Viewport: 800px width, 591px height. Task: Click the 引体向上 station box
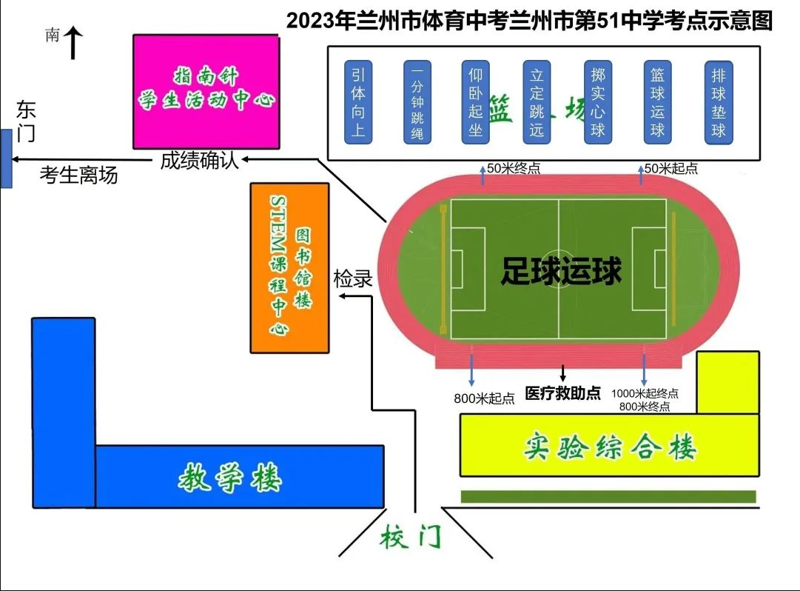(x=359, y=102)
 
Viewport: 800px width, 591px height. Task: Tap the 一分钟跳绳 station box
(x=417, y=102)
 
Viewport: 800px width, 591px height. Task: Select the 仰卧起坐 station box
(x=475, y=102)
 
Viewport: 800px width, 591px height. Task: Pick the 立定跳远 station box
(x=537, y=102)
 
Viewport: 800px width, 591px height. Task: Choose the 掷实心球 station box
(x=598, y=102)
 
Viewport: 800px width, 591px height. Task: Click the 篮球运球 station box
(x=657, y=102)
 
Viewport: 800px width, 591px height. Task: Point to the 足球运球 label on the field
(x=561, y=271)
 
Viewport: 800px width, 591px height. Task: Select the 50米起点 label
(x=670, y=169)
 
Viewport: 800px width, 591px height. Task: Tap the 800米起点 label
(x=484, y=398)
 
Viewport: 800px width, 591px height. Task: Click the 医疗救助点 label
(x=562, y=393)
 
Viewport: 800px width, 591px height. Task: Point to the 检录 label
(x=352, y=279)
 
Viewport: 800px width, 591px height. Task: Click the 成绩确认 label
(x=200, y=161)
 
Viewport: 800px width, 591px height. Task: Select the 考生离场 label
(x=78, y=176)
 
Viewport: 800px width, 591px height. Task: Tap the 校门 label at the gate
(x=410, y=537)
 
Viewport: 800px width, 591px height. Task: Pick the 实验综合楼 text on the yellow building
(x=611, y=446)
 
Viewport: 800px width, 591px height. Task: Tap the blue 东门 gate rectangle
(x=6, y=158)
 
